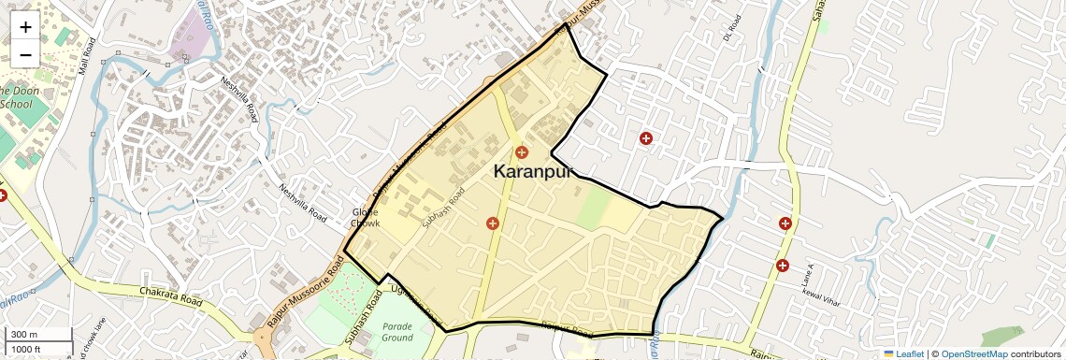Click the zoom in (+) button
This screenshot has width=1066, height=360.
(25, 27)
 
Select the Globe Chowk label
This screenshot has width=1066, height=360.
(366, 218)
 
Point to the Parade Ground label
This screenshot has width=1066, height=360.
(397, 331)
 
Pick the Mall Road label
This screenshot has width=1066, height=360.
(88, 57)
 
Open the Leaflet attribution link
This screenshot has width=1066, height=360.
(903, 353)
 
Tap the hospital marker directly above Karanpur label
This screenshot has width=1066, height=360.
(522, 151)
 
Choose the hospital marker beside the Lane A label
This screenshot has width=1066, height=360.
(782, 266)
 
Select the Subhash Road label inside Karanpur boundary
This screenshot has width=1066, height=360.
(442, 209)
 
